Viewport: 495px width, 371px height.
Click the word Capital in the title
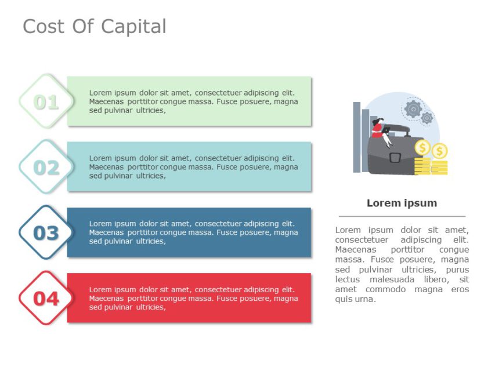pyautogui.click(x=133, y=27)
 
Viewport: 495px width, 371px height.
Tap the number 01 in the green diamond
pyautogui.click(x=46, y=103)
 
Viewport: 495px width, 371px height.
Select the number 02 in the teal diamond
pyautogui.click(x=46, y=168)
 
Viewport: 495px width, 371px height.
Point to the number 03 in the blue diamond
pyautogui.click(x=46, y=233)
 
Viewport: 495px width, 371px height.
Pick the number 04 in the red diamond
pyautogui.click(x=46, y=299)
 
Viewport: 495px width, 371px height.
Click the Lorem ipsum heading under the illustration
pyautogui.click(x=402, y=203)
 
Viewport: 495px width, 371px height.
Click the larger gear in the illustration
pyautogui.click(x=413, y=108)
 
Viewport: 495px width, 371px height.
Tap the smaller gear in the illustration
pyautogui.click(x=427, y=118)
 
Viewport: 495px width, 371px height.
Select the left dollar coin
pyautogui.click(x=423, y=148)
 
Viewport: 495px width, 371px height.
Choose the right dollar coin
pyautogui.click(x=440, y=151)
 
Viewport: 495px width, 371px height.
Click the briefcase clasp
pyautogui.click(x=395, y=157)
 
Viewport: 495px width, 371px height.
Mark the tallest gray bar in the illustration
pyautogui.click(x=357, y=137)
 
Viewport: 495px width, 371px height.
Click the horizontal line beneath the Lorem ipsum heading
pyautogui.click(x=402, y=216)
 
